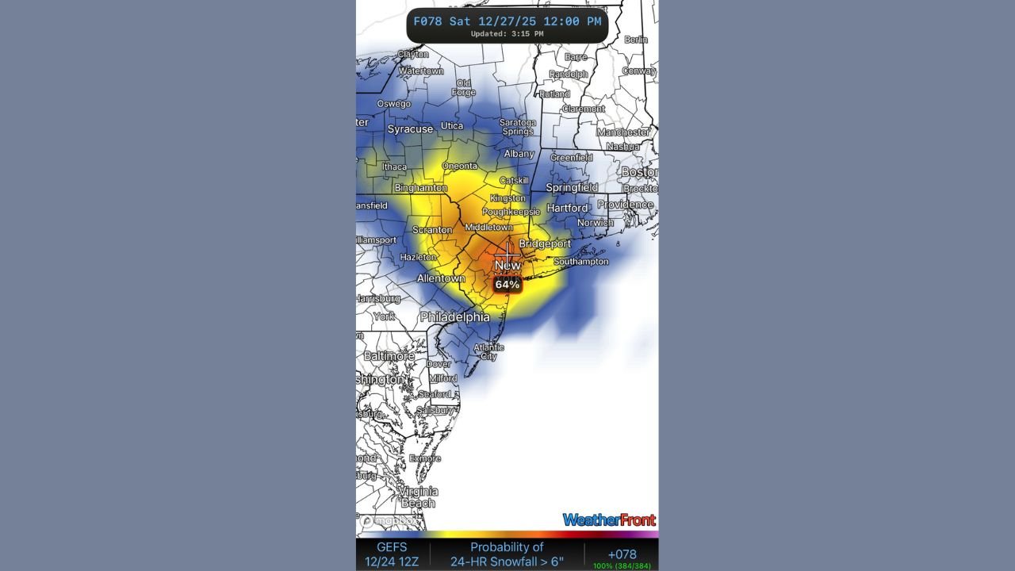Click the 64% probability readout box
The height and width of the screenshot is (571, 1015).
507,284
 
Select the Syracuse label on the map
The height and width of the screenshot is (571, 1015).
410,128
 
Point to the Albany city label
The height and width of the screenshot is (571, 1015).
519,154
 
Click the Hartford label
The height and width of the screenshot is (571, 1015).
568,208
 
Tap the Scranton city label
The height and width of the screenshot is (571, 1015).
432,230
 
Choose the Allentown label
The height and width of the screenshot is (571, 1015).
441,278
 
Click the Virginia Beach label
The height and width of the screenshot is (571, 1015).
418,497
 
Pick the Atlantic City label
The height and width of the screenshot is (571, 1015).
488,351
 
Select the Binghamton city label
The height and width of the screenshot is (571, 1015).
420,188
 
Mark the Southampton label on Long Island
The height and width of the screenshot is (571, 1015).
580,261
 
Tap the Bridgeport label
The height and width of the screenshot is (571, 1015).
545,243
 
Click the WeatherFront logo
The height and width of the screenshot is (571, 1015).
609,520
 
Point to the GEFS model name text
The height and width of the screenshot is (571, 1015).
393,547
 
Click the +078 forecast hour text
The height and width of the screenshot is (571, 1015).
622,554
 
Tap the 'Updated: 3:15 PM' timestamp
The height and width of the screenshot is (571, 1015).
507,34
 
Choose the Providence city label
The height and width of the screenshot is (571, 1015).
626,205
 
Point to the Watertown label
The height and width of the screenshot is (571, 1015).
421,71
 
